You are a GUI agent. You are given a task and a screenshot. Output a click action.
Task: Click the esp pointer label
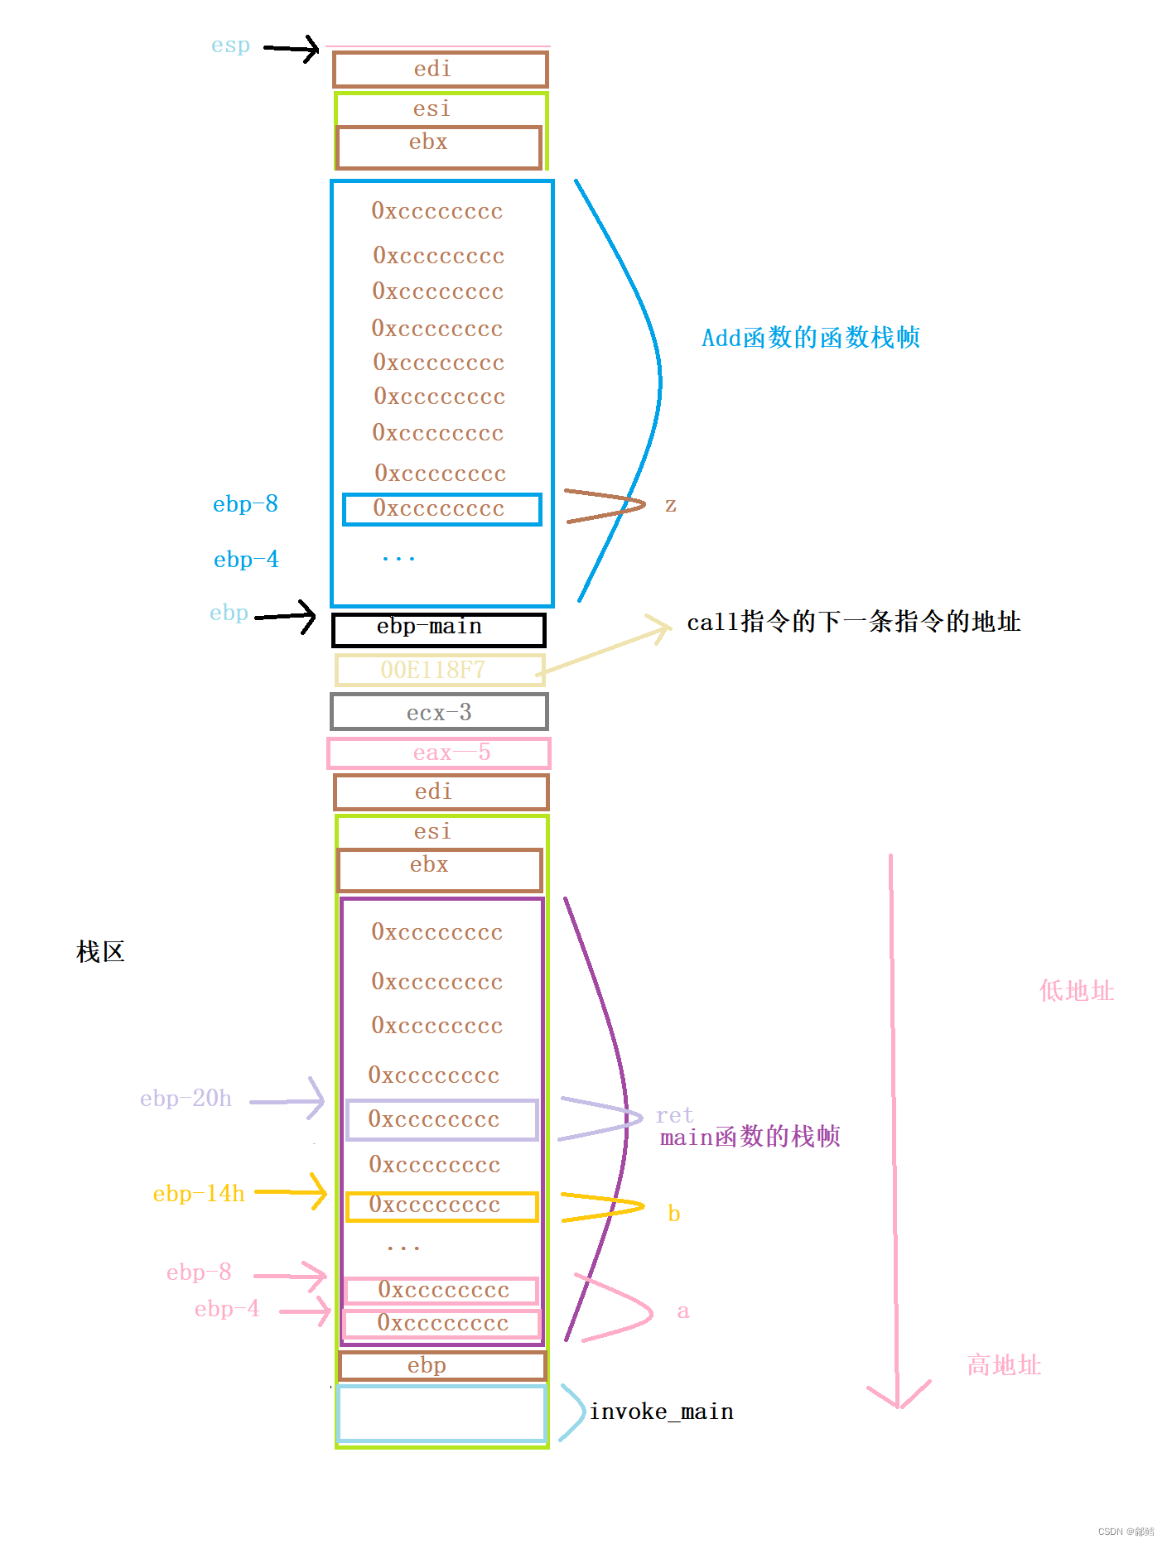pyautogui.click(x=230, y=46)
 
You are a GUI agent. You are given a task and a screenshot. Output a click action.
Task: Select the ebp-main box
pyautogui.click(x=438, y=629)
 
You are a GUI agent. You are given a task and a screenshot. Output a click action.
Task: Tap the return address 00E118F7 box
pyautogui.click(x=439, y=670)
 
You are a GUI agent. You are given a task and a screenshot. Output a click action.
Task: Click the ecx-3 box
pyautogui.click(x=438, y=712)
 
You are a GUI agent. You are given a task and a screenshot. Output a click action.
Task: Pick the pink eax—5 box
pyautogui.click(x=438, y=753)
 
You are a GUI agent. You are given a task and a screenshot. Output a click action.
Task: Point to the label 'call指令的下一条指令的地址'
pyautogui.click(x=853, y=622)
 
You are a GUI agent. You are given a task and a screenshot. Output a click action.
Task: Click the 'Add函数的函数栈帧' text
pyautogui.click(x=810, y=338)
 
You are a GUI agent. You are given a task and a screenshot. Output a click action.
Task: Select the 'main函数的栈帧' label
pyautogui.click(x=750, y=1137)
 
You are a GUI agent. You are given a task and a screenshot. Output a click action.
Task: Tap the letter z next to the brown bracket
pyautogui.click(x=670, y=505)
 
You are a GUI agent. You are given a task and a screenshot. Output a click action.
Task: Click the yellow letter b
pyautogui.click(x=673, y=1215)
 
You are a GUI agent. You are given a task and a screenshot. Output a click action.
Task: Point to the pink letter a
pyautogui.click(x=682, y=1311)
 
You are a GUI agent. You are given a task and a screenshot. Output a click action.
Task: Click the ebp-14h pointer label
pyautogui.click(x=199, y=1194)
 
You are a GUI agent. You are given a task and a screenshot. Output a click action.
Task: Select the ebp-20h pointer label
pyautogui.click(x=186, y=1099)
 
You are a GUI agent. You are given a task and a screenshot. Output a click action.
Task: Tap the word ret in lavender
pyautogui.click(x=674, y=1115)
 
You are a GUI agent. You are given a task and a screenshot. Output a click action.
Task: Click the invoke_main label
pyautogui.click(x=661, y=1412)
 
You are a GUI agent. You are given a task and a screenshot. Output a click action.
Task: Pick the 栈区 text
pyautogui.click(x=100, y=952)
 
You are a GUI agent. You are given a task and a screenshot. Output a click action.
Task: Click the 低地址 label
pyautogui.click(x=1076, y=991)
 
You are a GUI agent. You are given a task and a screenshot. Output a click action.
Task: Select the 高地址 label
pyautogui.click(x=1004, y=1365)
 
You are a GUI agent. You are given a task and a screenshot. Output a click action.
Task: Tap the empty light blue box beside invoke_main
pyautogui.click(x=441, y=1414)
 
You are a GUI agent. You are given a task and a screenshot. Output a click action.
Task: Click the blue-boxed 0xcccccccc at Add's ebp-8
pyautogui.click(x=441, y=509)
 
